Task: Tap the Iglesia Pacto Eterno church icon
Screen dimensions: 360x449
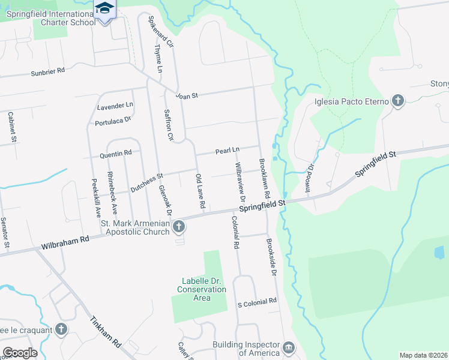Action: (x=398, y=101)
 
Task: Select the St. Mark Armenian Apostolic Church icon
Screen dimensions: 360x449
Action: (x=179, y=227)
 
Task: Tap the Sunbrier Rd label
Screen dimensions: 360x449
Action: (x=47, y=72)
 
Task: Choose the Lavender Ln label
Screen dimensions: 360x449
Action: (x=115, y=106)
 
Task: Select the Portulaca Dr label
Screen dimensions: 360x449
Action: (x=113, y=122)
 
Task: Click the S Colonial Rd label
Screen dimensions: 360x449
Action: (x=256, y=301)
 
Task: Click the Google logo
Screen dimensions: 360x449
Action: (x=20, y=352)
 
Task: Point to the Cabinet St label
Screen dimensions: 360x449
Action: (x=11, y=127)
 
